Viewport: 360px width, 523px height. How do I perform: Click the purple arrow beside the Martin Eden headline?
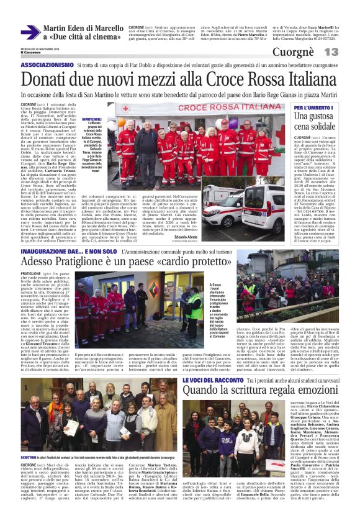30,32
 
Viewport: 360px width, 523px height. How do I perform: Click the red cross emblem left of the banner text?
125,108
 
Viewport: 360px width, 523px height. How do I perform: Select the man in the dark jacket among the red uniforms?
146,140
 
